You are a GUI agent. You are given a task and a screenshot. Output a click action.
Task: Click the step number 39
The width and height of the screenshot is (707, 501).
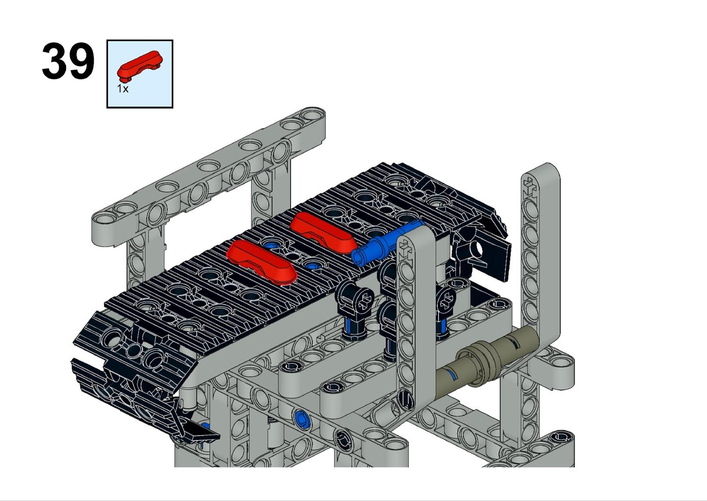(x=68, y=61)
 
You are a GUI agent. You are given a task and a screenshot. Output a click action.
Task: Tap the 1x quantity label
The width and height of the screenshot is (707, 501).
(x=123, y=89)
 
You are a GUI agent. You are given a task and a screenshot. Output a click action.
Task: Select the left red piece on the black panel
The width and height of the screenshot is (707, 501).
(x=262, y=261)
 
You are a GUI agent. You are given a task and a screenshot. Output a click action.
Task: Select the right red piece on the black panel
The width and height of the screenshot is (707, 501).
(x=323, y=233)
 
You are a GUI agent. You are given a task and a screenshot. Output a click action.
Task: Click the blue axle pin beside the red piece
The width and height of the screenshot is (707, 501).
(x=386, y=243)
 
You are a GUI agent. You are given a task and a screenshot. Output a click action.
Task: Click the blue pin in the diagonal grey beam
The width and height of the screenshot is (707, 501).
(x=302, y=419)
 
